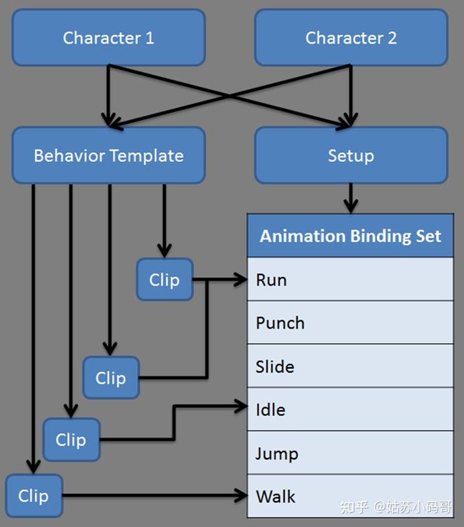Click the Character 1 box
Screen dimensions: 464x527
point(109,37)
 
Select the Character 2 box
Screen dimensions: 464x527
point(351,37)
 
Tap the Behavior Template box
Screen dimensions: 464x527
point(109,155)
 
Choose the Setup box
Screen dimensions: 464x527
point(351,155)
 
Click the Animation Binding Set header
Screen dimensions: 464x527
point(350,236)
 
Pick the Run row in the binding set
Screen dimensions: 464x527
point(350,279)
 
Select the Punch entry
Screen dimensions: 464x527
point(350,322)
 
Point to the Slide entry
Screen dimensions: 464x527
point(350,366)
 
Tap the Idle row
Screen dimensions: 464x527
point(350,409)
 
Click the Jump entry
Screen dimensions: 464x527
point(350,453)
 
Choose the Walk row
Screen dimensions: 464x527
point(350,496)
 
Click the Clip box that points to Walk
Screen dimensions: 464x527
point(34,496)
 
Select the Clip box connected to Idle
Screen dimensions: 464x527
point(71,440)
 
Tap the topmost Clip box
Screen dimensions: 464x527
point(165,279)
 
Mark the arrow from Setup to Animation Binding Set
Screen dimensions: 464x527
point(351,198)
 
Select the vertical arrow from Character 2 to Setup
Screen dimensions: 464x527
point(351,96)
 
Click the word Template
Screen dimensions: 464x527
point(147,156)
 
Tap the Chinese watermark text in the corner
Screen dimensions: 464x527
point(396,507)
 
